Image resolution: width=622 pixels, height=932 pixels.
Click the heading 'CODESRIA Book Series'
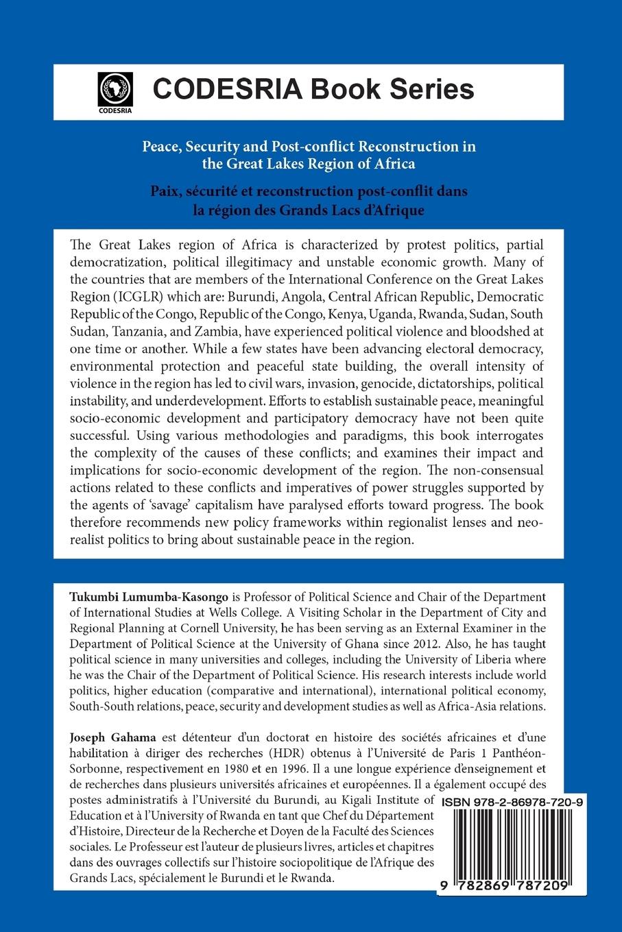coord(313,90)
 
